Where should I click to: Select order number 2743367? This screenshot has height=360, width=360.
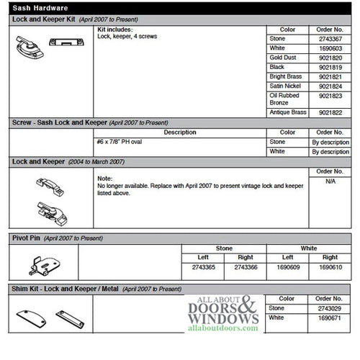click(330, 39)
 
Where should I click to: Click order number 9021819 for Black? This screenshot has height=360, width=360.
click(330, 67)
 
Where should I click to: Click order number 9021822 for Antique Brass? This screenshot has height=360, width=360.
click(330, 112)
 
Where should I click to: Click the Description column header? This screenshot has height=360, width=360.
click(180, 132)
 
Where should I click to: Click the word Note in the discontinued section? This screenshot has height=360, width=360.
click(104, 177)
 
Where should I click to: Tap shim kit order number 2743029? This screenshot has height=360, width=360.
click(330, 308)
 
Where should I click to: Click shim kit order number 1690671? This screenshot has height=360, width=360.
click(330, 318)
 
